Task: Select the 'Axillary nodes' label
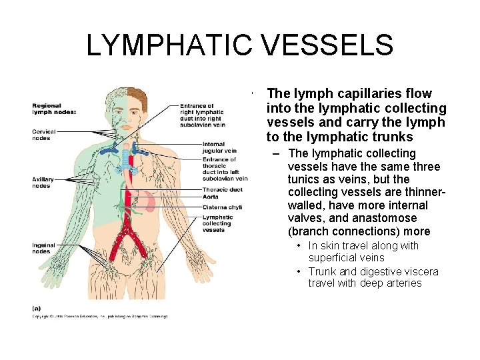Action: (43, 183)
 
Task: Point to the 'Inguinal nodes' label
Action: (43, 249)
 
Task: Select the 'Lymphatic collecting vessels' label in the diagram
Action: (218, 223)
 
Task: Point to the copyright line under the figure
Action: (100, 316)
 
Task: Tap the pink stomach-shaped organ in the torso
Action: (147, 199)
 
